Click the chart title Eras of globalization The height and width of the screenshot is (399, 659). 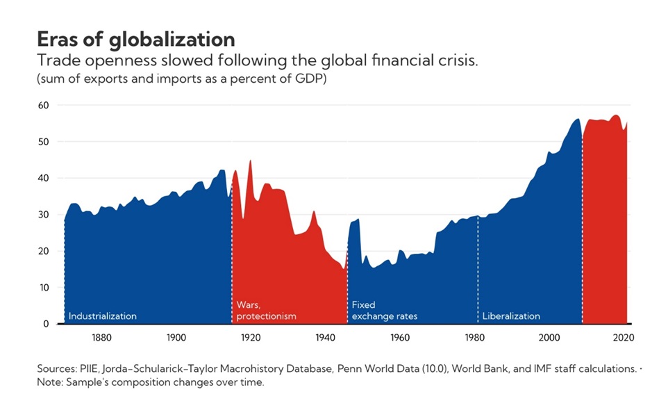[x=136, y=38]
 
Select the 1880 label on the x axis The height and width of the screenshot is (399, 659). [x=101, y=338]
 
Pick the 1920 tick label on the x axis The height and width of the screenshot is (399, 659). [x=251, y=338]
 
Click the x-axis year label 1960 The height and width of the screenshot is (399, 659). [x=400, y=338]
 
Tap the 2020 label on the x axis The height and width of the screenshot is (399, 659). [x=624, y=338]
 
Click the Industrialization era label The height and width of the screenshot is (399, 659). [x=103, y=316]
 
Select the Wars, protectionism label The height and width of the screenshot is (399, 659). [x=266, y=311]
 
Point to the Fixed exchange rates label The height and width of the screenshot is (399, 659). [x=385, y=311]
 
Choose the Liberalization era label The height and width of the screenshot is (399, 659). [x=511, y=316]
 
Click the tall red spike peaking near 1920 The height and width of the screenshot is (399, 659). [x=250, y=164]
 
